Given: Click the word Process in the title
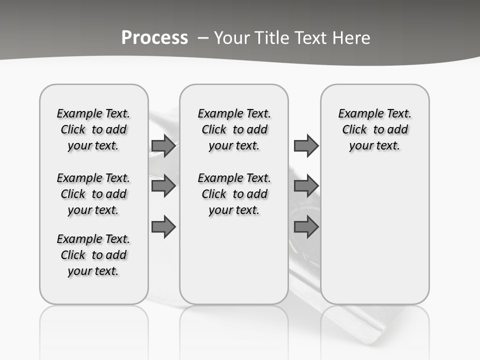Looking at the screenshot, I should [154, 38].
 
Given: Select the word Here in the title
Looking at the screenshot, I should [351, 38].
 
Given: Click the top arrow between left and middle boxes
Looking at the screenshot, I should [163, 145].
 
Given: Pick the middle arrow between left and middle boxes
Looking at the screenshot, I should [163, 186].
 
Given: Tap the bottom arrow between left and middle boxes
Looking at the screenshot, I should [163, 227].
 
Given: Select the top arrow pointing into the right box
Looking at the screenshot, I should [306, 145].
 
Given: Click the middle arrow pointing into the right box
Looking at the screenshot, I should [306, 186].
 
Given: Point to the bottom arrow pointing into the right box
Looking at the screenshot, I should [306, 227].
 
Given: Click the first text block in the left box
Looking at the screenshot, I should [93, 129].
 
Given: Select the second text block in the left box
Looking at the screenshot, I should [93, 194].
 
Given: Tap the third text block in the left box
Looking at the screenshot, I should [93, 255].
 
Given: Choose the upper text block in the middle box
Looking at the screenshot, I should [234, 129].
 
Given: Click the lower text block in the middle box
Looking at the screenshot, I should [234, 194].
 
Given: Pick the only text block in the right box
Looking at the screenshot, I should [375, 129].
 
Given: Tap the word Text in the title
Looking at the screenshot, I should [311, 38].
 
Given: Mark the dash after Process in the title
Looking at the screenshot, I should [203, 38].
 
